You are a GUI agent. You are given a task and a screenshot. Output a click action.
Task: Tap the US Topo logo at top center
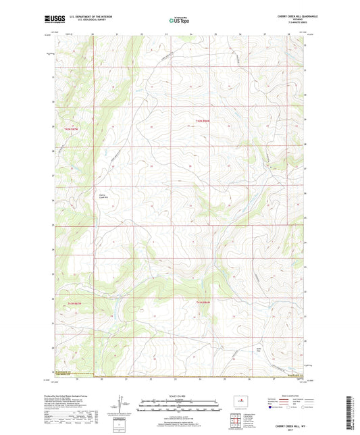pos(176,21)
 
